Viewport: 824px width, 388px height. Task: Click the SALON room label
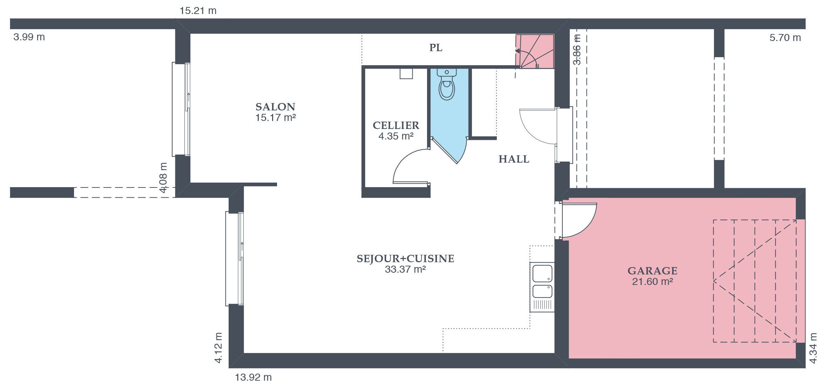pos(275,107)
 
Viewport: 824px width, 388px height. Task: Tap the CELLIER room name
pos(396,125)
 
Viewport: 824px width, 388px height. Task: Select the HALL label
pos(514,159)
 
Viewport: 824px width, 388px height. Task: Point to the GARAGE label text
pos(653,271)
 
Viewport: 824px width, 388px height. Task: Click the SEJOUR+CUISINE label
pos(405,259)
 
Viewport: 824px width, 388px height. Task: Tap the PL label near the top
pos(436,48)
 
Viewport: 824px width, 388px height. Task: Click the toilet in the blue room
pos(447,84)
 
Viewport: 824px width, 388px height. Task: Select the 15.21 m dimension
pos(198,11)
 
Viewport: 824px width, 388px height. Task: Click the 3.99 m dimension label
pos(29,37)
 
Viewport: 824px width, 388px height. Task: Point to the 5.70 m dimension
pos(785,38)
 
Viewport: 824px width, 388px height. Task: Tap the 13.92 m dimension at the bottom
pos(253,377)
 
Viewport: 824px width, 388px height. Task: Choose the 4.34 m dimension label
pos(813,348)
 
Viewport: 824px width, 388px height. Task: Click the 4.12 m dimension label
pos(218,348)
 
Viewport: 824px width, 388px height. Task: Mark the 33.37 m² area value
pos(405,270)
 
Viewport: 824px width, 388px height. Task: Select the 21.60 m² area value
pos(653,282)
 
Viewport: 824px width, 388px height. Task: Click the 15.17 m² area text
pos(276,118)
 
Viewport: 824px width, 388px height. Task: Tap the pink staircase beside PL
pos(535,51)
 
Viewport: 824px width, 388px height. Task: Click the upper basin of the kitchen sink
pos(542,274)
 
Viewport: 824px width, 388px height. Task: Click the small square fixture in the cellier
pos(406,74)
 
